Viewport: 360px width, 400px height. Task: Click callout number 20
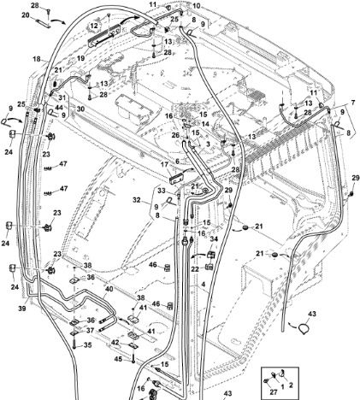26,15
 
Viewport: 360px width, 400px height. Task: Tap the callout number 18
37,59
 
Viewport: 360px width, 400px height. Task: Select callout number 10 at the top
204,6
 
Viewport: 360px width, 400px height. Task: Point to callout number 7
353,103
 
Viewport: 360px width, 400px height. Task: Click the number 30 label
80,109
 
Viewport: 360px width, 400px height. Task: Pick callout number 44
59,108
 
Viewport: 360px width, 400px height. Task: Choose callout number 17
164,164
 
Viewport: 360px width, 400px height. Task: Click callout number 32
137,200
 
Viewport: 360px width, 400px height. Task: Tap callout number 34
214,239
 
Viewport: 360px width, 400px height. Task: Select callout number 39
22,309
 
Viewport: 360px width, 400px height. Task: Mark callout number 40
109,289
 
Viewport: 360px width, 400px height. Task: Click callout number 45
118,359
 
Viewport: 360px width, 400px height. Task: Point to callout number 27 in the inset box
274,392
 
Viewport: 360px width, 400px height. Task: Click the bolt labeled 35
74,343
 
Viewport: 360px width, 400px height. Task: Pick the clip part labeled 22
209,268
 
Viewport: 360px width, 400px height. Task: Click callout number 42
115,343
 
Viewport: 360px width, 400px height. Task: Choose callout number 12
94,26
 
